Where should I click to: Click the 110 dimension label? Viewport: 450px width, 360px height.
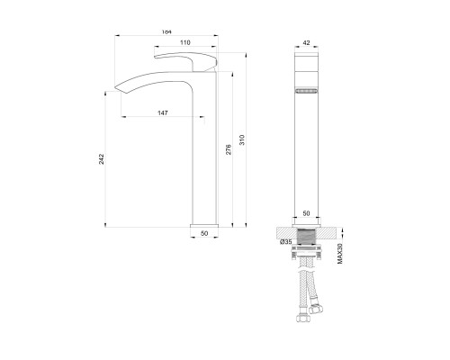185,42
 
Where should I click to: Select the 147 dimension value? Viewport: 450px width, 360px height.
163,112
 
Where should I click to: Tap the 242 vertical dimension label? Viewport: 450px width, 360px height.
102,159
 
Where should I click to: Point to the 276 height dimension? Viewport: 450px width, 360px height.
229,149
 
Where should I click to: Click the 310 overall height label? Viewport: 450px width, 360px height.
242,140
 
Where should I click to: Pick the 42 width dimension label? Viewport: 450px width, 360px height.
306,43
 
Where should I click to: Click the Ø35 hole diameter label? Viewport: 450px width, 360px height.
286,242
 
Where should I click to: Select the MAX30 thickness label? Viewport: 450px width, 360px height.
340,254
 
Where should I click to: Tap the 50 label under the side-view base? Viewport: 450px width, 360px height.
204,233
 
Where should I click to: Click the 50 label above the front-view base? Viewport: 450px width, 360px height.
306,213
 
